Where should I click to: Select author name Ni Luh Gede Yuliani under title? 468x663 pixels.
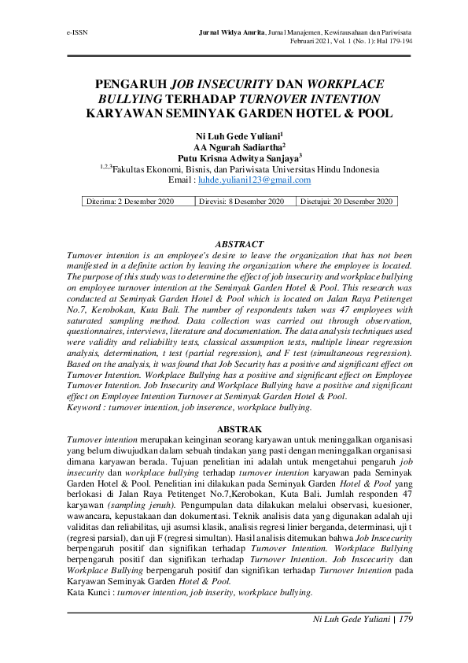[x=238, y=136]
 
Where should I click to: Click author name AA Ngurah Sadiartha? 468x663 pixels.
[x=238, y=146]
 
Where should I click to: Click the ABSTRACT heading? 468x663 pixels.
[x=239, y=245]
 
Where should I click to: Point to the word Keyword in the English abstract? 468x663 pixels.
[x=83, y=409]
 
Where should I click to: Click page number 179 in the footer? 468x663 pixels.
[x=405, y=620]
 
